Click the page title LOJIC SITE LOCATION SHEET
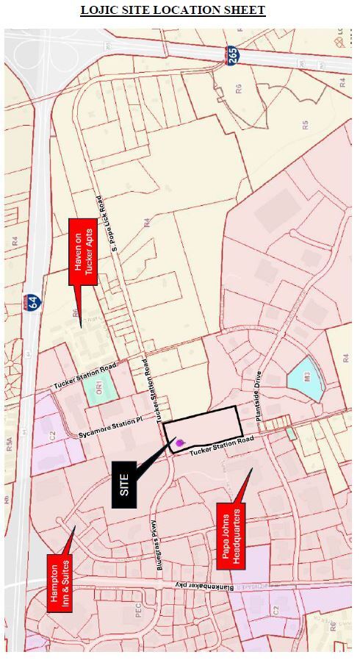(173, 10)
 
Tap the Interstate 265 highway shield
(231, 56)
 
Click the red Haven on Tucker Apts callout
(79, 251)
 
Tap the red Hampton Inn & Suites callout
(59, 583)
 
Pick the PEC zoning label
(137, 613)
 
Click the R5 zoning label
(304, 123)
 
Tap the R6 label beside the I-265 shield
(238, 89)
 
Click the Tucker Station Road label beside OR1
(84, 376)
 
